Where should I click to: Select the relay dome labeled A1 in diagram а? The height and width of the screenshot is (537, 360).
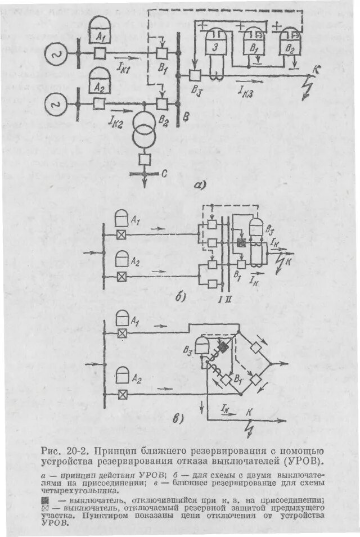pos(101,29)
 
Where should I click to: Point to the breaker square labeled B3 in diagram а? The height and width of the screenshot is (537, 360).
pos(195,75)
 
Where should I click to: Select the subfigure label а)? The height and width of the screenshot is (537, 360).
pos(200,184)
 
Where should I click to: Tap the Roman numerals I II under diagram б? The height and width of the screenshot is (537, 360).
pos(224,297)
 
